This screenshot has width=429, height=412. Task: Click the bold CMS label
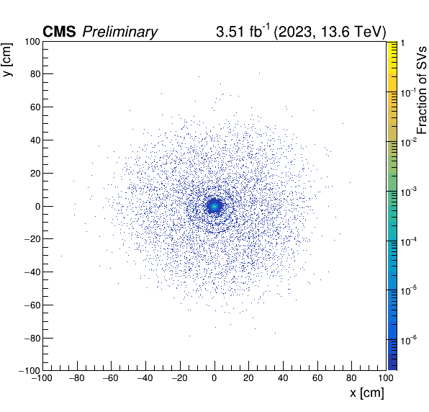59,32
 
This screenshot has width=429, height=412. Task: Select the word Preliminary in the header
119,32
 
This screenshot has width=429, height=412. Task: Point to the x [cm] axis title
367,393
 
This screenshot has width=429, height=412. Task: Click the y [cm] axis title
7,59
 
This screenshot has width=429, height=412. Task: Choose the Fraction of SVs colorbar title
422,90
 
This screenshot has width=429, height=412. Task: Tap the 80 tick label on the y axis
35,74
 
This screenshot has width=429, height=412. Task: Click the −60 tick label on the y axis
32,305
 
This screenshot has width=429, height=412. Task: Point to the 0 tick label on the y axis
38,207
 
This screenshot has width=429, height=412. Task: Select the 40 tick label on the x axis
283,378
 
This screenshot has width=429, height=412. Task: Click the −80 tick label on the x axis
76,378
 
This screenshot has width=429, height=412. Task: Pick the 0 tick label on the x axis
214,378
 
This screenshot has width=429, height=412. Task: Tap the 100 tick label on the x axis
386,378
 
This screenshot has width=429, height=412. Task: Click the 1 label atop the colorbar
402,43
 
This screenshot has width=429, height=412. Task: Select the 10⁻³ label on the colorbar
409,192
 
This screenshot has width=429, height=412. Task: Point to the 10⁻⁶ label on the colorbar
409,340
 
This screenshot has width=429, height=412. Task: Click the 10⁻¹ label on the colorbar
408,92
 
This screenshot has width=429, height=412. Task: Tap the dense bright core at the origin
214,206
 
